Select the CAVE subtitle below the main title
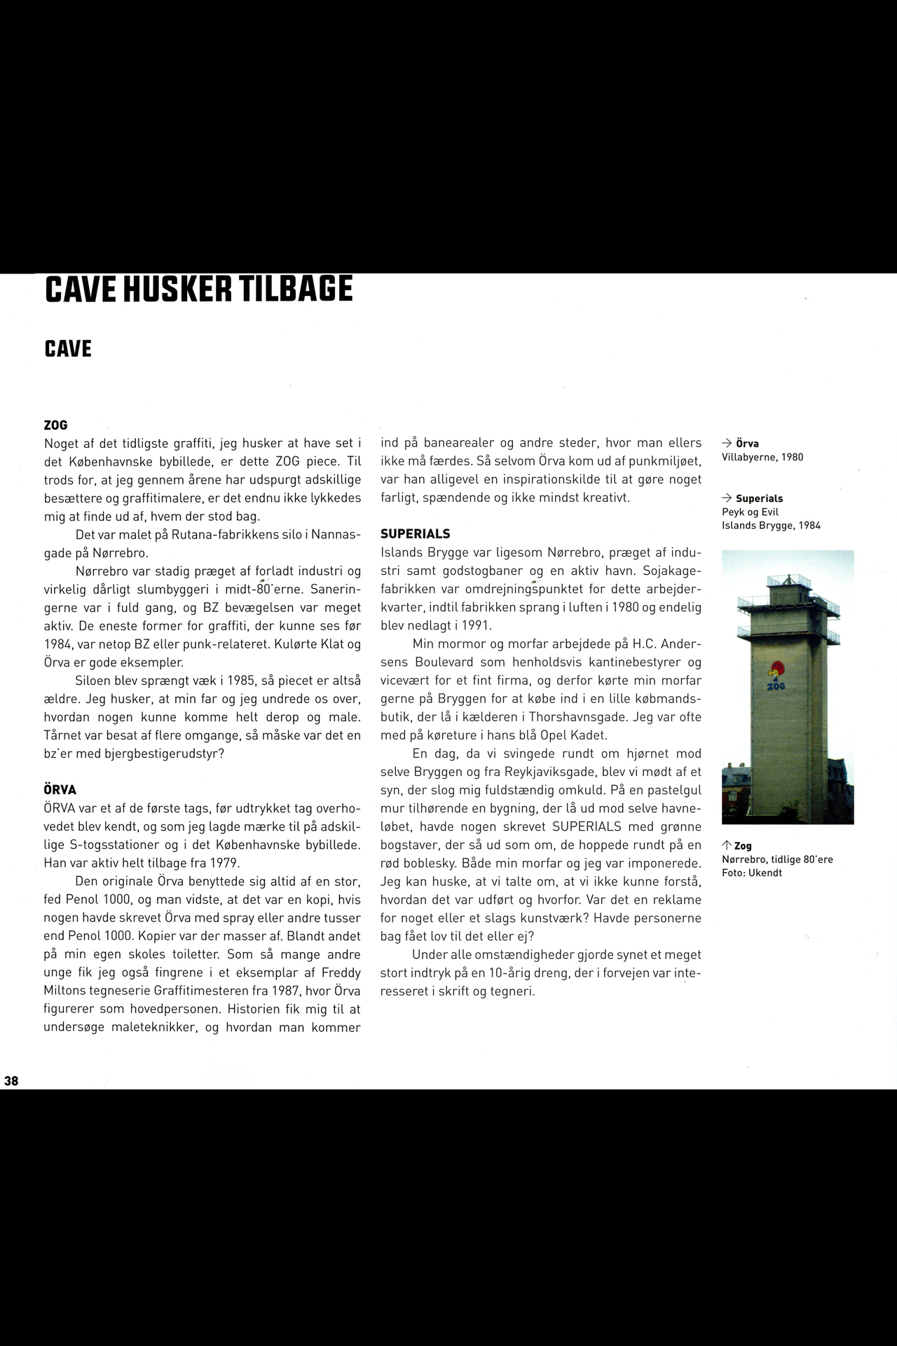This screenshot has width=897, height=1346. [68, 349]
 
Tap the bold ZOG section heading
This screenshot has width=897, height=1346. [55, 426]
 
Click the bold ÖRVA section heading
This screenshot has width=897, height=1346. [60, 790]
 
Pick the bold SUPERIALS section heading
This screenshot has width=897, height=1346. [415, 534]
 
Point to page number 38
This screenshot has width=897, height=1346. [11, 1081]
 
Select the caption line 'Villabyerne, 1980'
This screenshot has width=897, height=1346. [762, 457]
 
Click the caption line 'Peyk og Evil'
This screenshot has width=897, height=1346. [750, 512]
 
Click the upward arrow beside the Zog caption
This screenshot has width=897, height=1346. [727, 846]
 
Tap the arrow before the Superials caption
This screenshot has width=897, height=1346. [727, 498]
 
